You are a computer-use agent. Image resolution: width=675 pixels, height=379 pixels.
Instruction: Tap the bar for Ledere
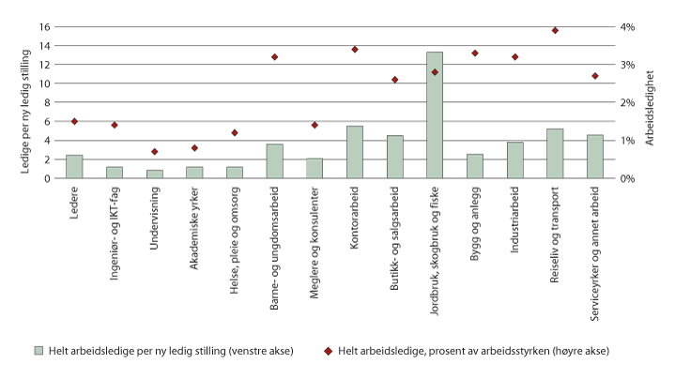[x=74, y=166]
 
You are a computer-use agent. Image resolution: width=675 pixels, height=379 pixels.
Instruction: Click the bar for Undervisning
[x=154, y=174]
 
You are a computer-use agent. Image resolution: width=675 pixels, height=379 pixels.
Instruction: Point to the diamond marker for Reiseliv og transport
[x=555, y=30]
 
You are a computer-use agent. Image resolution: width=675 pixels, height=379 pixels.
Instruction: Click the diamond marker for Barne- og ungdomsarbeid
[x=274, y=57]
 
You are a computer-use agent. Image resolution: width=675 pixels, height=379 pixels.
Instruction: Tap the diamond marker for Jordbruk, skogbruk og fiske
[x=435, y=72]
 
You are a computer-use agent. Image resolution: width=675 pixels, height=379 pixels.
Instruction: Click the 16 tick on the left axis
[x=43, y=26]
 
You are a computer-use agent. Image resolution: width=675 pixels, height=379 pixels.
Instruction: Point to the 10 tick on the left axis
[x=43, y=83]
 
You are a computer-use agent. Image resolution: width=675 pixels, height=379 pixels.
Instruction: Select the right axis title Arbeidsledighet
[x=662, y=102]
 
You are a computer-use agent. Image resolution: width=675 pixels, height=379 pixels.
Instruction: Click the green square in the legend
[x=39, y=350]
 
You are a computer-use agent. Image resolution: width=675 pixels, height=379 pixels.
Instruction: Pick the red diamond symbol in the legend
[x=330, y=350]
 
